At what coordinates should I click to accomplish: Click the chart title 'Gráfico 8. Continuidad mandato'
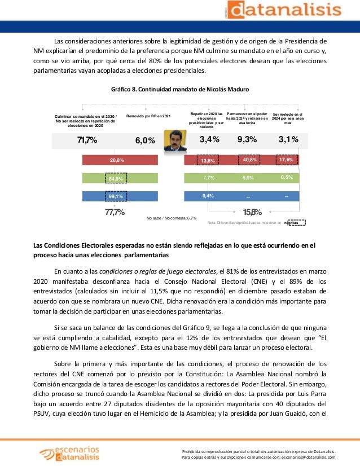click(x=181, y=90)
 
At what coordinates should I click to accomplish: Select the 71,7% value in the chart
click(x=87, y=140)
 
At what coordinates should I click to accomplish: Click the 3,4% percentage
click(x=209, y=140)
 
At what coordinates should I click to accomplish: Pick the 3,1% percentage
click(x=288, y=140)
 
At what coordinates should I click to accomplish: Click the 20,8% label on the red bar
click(x=117, y=160)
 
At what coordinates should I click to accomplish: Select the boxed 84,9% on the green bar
click(x=117, y=179)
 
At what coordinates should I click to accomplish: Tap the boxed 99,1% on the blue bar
click(x=117, y=196)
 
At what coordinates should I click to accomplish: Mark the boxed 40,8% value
click(x=250, y=160)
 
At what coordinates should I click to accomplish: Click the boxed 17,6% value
click(x=288, y=160)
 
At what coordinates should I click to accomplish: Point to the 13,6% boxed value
click(x=208, y=160)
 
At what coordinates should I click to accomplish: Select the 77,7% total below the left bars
click(x=115, y=212)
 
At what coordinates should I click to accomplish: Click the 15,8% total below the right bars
click(x=252, y=212)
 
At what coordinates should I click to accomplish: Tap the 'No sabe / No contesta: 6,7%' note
click(x=171, y=217)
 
